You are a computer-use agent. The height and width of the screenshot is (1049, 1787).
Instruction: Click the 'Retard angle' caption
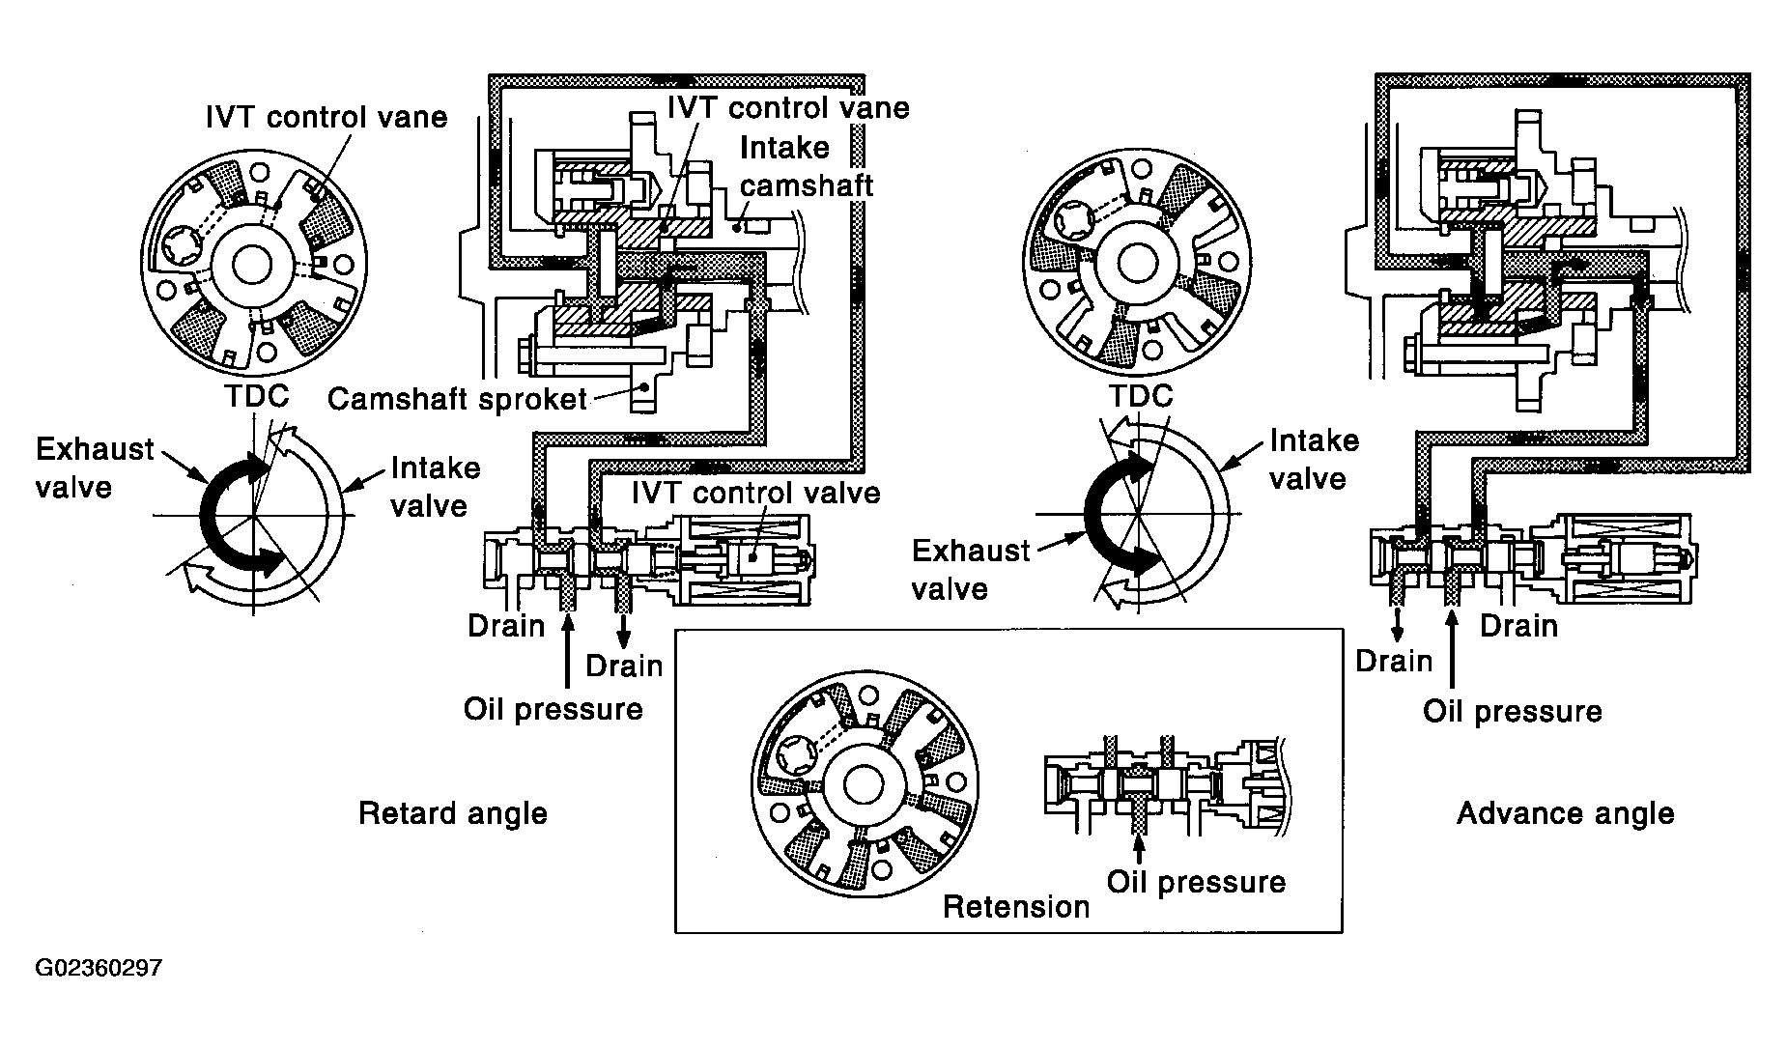click(x=452, y=813)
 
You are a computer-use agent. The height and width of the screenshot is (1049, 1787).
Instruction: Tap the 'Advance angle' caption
click(x=1565, y=813)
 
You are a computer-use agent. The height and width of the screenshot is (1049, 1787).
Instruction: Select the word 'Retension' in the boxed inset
click(x=1015, y=907)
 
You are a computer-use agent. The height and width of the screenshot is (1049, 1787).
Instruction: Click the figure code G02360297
click(x=99, y=968)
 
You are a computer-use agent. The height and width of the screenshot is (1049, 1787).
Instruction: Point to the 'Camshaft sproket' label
click(x=457, y=399)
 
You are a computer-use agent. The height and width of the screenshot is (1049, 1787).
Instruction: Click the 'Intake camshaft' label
click(x=807, y=166)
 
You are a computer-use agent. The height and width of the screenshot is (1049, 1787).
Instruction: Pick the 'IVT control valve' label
click(x=755, y=493)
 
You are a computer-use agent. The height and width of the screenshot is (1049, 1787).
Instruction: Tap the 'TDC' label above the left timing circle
click(x=256, y=396)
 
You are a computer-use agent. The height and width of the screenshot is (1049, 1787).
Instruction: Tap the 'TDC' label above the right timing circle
click(x=1140, y=396)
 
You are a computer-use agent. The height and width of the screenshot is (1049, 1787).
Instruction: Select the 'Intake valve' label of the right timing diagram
click(x=1314, y=460)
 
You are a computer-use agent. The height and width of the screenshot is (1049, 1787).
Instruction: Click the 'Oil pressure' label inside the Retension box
click(x=1196, y=882)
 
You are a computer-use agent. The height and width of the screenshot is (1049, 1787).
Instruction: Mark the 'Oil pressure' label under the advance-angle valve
click(x=1512, y=712)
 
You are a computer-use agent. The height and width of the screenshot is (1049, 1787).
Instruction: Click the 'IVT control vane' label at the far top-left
click(x=326, y=117)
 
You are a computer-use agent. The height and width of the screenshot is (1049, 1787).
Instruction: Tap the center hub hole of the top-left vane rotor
click(x=251, y=265)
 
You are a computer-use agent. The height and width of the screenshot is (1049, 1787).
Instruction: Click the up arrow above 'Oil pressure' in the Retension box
click(x=1140, y=847)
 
